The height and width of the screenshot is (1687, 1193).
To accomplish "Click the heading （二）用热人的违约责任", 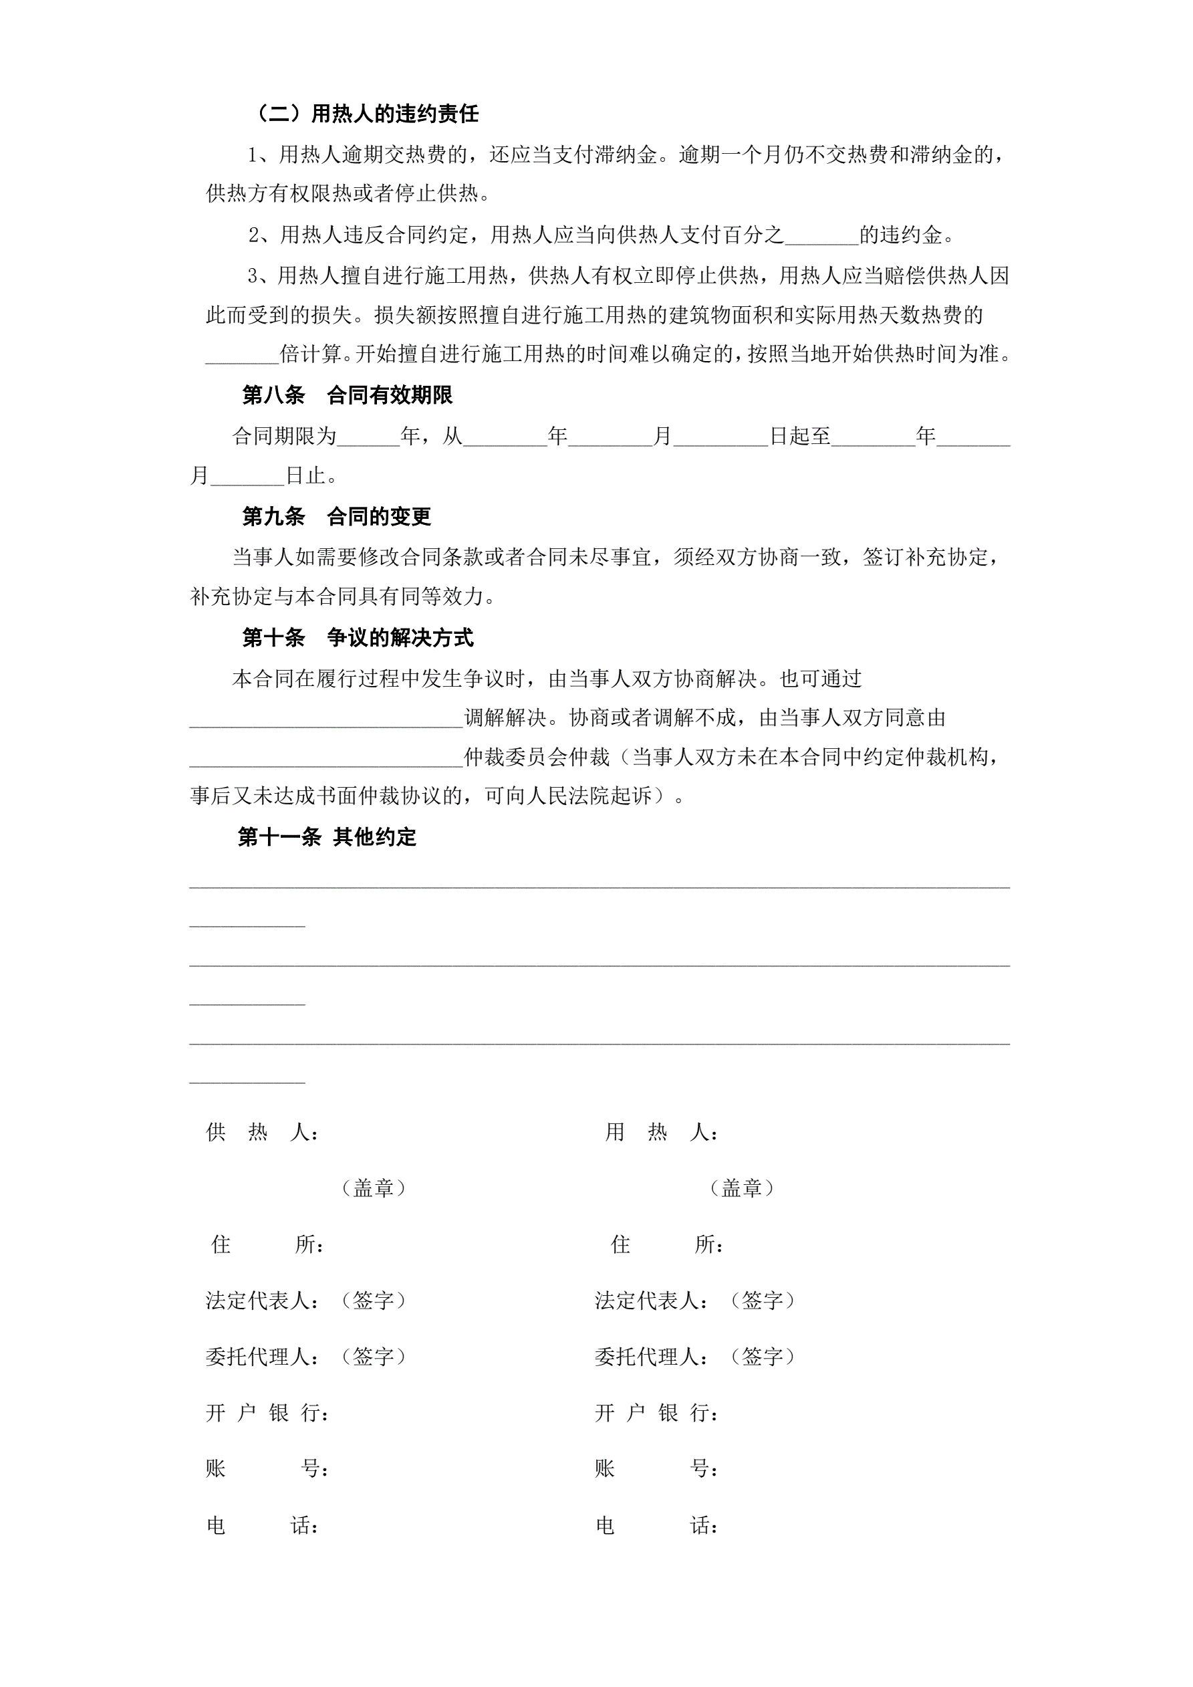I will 365,114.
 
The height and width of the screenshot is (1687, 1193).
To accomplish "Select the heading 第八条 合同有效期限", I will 347,395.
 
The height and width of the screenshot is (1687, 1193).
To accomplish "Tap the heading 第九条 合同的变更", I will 336,517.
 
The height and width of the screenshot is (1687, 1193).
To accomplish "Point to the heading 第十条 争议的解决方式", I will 357,637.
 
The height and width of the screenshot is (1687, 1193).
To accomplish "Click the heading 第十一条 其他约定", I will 326,837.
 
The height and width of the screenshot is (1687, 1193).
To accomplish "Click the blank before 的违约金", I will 821,237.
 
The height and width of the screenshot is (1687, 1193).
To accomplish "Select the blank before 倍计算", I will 242,356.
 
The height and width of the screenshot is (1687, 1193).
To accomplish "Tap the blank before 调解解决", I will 326,719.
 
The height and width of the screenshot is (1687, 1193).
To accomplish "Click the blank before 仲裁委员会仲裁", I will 326,759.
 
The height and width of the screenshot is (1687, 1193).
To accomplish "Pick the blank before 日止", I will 247,477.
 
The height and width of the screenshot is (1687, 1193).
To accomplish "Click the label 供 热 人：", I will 262,1132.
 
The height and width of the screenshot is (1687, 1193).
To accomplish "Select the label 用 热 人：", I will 661,1132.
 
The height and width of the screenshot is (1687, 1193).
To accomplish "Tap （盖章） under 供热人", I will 374,1188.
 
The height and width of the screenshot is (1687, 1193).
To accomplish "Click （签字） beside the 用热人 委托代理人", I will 763,1357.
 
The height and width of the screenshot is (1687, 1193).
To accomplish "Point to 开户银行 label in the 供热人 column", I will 267,1412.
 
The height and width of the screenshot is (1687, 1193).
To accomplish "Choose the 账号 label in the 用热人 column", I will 656,1469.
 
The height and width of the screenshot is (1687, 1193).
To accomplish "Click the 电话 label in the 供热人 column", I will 262,1525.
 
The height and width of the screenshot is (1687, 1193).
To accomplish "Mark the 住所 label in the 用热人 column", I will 667,1244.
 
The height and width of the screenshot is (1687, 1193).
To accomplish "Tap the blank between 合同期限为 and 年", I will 368,438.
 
